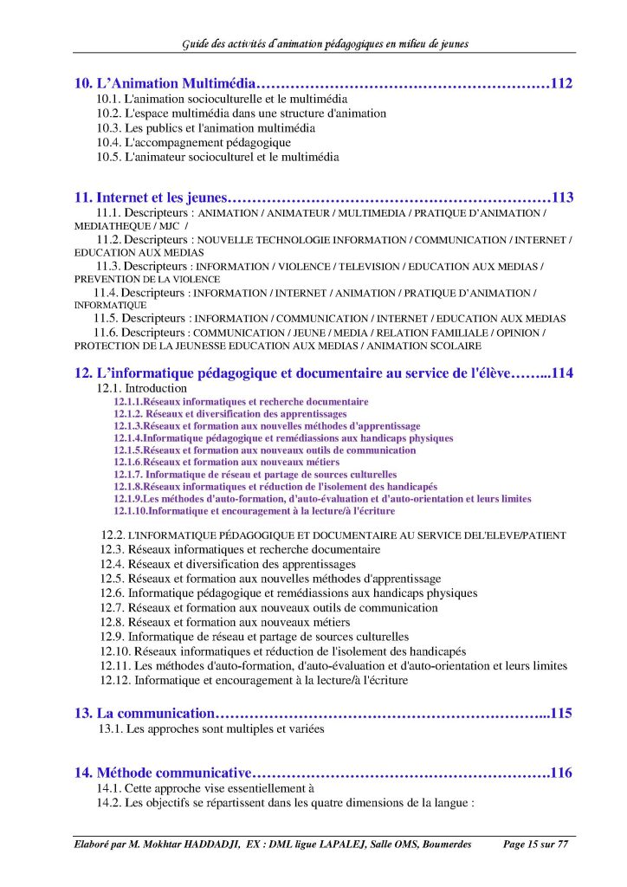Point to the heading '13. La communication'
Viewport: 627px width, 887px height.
click(144, 714)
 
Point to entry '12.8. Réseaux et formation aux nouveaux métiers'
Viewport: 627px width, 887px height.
click(225, 622)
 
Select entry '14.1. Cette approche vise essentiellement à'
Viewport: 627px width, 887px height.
click(204, 788)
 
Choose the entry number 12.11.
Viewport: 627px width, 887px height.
click(115, 665)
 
